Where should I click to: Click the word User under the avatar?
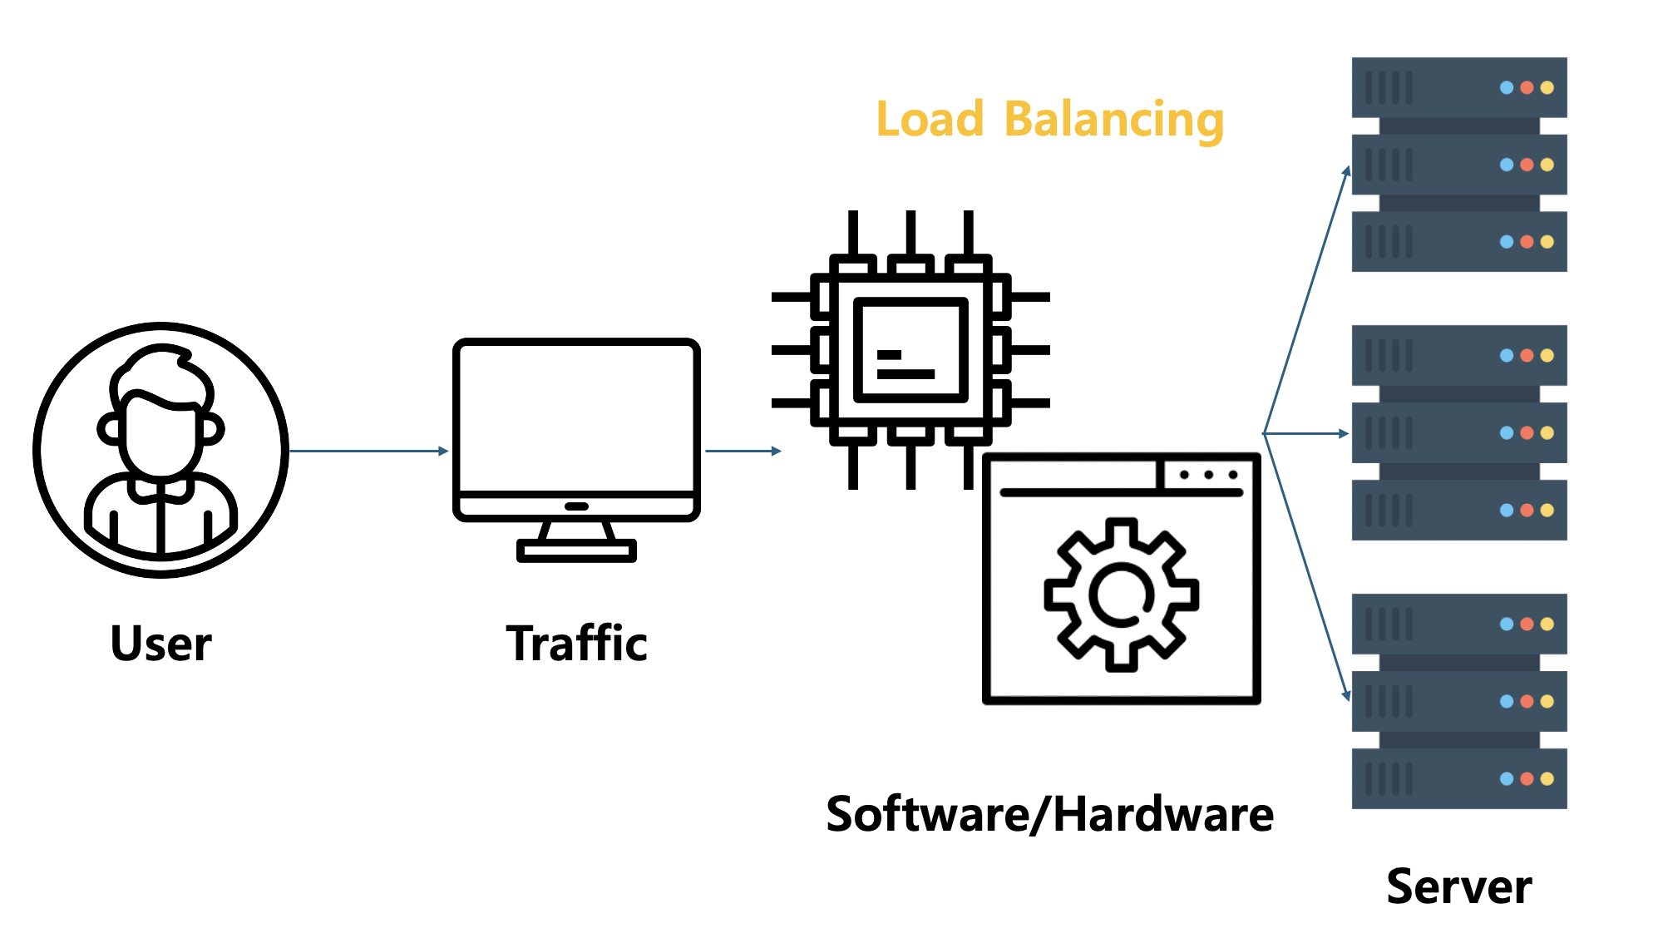[x=160, y=644]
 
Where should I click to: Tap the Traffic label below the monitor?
[x=576, y=644]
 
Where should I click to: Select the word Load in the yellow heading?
[x=930, y=119]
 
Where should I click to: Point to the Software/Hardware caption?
[x=1049, y=814]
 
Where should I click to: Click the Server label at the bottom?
[x=1458, y=886]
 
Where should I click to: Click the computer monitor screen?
[x=576, y=416]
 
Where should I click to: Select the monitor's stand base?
[x=576, y=550]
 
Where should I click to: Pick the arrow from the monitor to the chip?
[x=743, y=451]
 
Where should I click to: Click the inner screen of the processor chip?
[x=910, y=349]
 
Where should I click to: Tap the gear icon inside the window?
[x=1121, y=595]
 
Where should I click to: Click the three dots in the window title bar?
[x=1209, y=475]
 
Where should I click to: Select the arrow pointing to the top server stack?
[x=1306, y=299]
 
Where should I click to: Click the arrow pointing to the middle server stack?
[x=1306, y=433]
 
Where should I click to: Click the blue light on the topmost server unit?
[x=1506, y=87]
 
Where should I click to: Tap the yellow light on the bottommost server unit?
[x=1547, y=779]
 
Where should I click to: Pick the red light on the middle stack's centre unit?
[x=1527, y=433]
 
